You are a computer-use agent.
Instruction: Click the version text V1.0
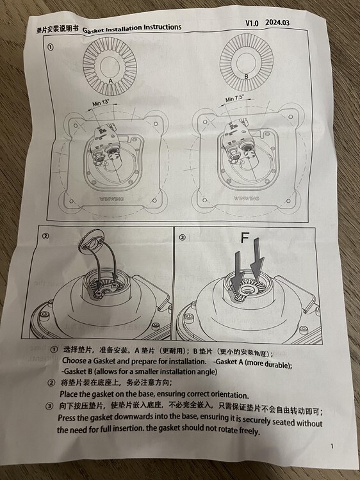coord(252,23)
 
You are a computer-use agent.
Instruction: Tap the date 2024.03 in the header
coord(277,22)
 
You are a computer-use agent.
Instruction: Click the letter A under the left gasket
coord(111,81)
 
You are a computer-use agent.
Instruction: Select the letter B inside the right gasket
coord(246,77)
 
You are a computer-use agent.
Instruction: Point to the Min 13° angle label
coord(101,103)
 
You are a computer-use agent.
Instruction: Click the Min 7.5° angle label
coord(234,99)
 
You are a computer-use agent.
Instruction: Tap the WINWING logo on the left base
coord(112,198)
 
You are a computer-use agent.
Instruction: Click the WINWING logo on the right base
coord(247,198)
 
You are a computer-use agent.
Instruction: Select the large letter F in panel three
coord(245,237)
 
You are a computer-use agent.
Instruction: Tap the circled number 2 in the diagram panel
coord(45,236)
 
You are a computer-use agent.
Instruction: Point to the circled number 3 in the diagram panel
coord(182,237)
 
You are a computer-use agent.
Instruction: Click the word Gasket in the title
coord(94,29)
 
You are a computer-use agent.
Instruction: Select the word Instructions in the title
coord(162,28)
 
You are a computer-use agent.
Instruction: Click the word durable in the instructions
coord(275,364)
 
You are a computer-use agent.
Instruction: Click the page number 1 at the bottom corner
coord(332,446)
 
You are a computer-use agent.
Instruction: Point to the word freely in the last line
coord(249,431)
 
